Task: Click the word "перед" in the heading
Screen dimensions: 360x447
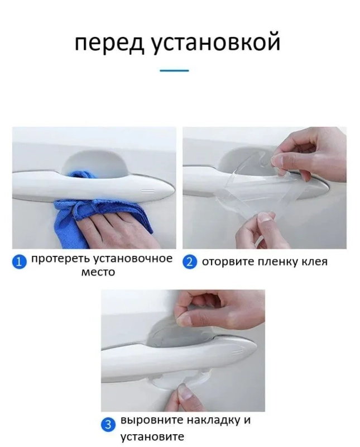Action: coord(110,44)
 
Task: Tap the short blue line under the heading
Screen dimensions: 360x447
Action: coord(174,70)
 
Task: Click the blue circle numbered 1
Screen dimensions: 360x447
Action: coord(19,261)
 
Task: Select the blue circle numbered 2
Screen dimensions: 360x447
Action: coord(189,261)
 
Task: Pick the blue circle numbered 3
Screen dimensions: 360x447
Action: coord(108,425)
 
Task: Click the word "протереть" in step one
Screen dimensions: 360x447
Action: coord(61,259)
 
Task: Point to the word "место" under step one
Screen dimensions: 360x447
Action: coord(98,273)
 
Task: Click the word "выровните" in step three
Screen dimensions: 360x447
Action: coord(152,421)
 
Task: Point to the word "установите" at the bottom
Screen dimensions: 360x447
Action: coord(152,437)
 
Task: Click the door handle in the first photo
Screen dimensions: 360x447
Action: coord(93,186)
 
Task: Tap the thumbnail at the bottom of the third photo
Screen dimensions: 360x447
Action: coord(185,393)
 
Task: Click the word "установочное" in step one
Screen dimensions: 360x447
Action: coord(133,259)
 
